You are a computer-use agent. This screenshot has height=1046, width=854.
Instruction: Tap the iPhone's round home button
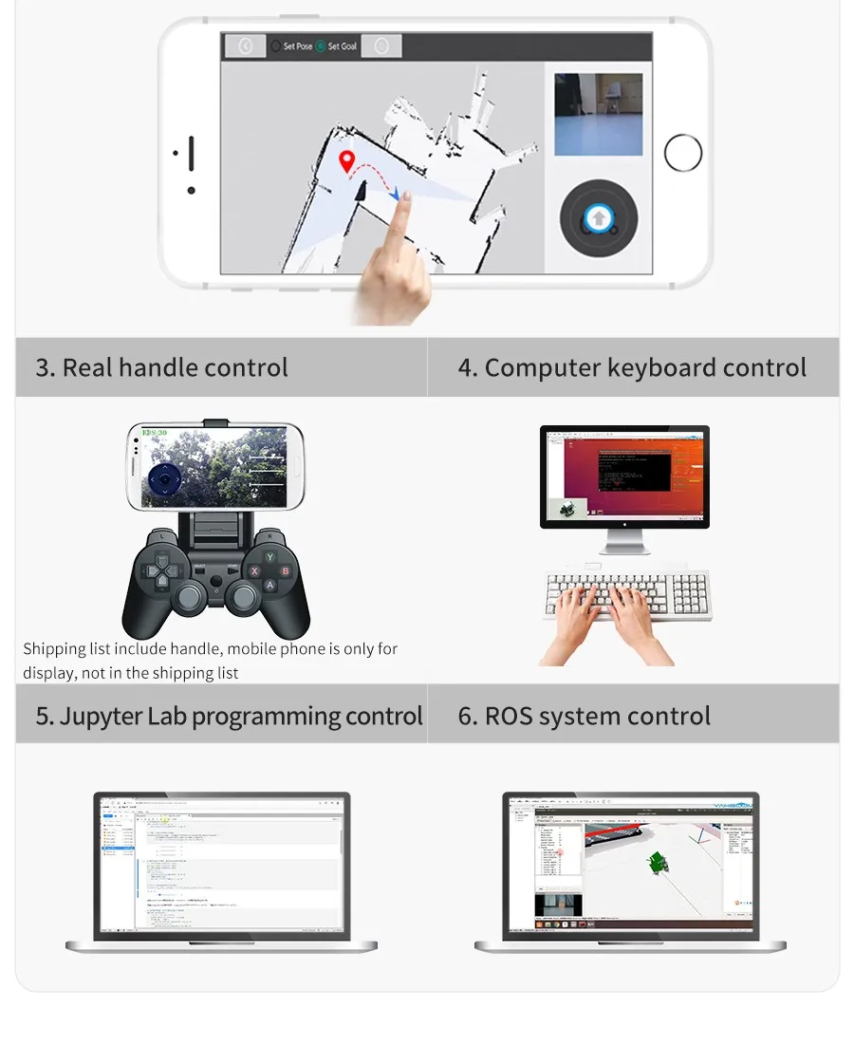pos(683,153)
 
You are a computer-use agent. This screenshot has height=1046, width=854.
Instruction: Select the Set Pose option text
pos(297,47)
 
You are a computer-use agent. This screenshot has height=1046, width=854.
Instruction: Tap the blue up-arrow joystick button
pos(598,219)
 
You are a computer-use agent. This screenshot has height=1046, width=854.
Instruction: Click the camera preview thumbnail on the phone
pos(598,114)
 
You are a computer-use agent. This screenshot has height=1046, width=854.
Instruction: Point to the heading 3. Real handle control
pos(161,367)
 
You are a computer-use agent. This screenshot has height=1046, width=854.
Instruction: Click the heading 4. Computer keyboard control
pos(632,367)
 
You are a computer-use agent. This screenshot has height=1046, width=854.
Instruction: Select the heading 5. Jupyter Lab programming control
pos(229,716)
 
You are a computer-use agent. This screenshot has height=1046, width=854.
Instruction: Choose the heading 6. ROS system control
pos(584,716)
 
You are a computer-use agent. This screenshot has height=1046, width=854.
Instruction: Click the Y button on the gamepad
pos(269,557)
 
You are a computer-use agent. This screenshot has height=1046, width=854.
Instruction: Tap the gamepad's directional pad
pos(159,571)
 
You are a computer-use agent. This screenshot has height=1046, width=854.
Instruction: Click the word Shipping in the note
pos(54,649)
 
